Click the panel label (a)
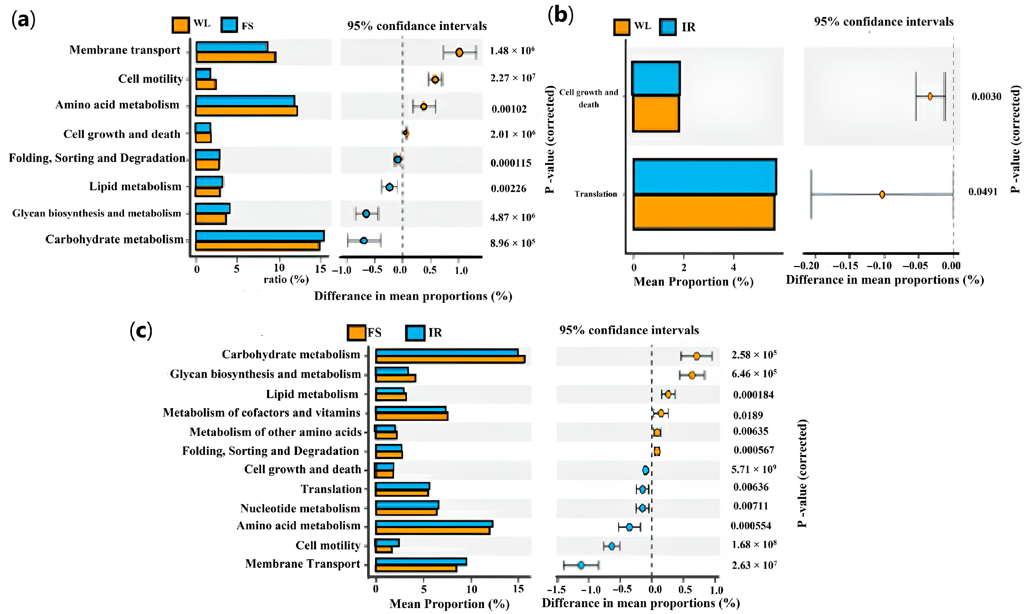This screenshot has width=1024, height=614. pos(23,19)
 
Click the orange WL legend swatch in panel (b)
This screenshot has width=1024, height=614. pos(621,27)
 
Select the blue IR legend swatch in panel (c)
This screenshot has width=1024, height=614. pos(415,333)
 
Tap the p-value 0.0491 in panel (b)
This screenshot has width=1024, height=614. pos(983,192)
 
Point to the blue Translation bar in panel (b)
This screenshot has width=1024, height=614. pos(705,177)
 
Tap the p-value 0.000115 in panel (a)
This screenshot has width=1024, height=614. pos(511,163)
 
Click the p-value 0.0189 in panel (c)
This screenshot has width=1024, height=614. pos(748,416)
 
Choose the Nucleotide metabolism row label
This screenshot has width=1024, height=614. pos(300,508)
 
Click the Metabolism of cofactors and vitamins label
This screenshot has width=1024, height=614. pos(262,413)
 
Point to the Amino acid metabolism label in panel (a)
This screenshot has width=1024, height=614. pos(117,105)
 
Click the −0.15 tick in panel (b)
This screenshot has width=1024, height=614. pos(845,266)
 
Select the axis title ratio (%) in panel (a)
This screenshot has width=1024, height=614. pos(286,280)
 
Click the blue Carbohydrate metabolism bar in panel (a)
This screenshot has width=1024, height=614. pos(260,236)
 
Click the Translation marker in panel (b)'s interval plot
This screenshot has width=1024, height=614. pos(882,195)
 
